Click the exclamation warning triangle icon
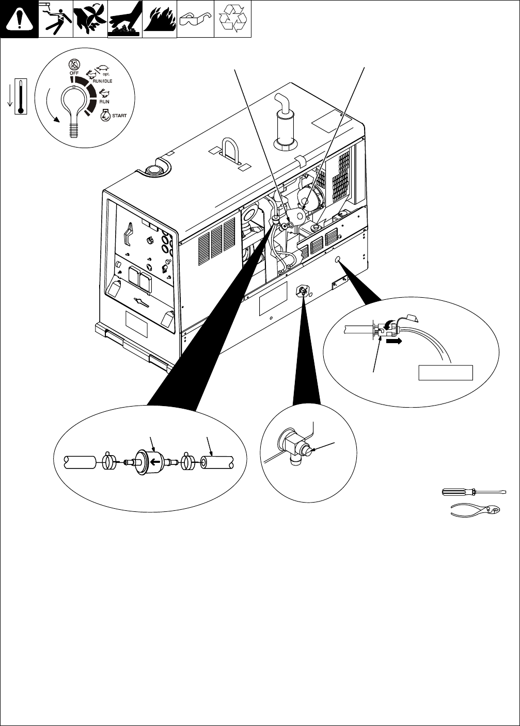click(x=19, y=19)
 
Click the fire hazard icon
click(x=159, y=19)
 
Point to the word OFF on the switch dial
click(x=74, y=73)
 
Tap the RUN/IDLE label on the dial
click(x=102, y=81)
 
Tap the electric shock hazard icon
click(x=55, y=19)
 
